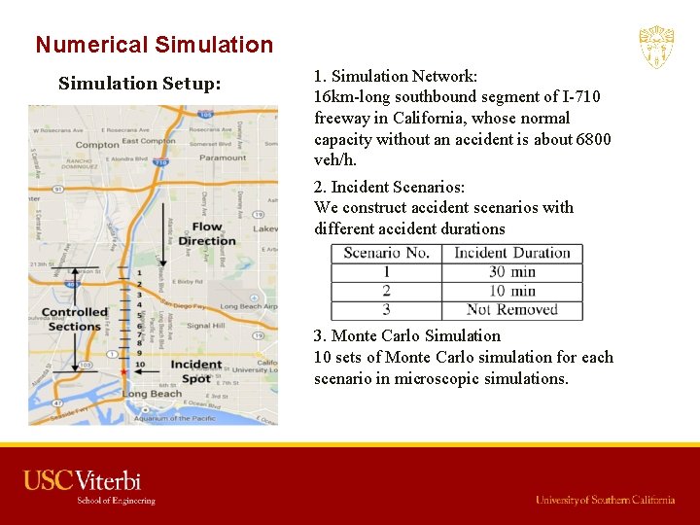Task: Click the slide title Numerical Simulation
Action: click(154, 45)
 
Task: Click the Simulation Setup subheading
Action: click(139, 84)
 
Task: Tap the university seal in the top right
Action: click(656, 47)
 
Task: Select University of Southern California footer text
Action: click(605, 500)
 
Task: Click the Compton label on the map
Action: click(96, 145)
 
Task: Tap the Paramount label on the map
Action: click(223, 157)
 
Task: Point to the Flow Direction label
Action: click(206, 233)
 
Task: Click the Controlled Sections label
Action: click(75, 319)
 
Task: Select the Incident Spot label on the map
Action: click(195, 371)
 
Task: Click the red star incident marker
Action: click(123, 371)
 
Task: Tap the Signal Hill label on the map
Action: click(205, 326)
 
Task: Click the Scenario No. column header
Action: click(386, 253)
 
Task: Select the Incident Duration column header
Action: click(511, 253)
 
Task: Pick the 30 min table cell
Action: click(511, 272)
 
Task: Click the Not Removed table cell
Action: click(511, 310)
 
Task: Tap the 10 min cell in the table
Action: click(511, 291)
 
